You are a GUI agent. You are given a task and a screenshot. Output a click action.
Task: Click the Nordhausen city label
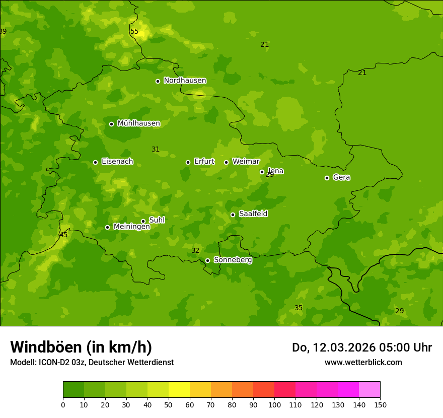185,81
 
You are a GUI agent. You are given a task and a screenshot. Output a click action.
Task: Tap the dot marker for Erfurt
188,162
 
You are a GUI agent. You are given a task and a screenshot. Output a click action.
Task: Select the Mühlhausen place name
138,123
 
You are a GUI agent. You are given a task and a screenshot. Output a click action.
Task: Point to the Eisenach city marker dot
95,162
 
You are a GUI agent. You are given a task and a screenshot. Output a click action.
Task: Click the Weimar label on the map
246,162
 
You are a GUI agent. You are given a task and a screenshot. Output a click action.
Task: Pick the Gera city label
341,177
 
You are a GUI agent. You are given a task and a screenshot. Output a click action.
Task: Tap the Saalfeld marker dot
233,215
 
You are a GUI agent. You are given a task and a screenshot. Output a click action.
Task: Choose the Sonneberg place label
233,260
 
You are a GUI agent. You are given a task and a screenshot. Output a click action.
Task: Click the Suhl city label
157,220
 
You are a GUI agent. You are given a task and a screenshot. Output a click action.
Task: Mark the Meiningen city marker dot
107,227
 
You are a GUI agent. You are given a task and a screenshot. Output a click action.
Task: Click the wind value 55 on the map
134,31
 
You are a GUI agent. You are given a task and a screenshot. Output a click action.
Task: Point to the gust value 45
63,235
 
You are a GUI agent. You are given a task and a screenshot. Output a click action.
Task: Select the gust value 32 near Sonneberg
195,250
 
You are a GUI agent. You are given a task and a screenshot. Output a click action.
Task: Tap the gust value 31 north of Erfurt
156,149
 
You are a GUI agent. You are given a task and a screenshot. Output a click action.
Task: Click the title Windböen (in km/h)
81,347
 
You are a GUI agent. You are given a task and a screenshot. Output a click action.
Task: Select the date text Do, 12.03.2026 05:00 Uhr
361,347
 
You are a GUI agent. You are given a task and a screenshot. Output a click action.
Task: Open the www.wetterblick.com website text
363,362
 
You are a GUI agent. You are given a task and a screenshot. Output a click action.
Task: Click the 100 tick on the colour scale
274,404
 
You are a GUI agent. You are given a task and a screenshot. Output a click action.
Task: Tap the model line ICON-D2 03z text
92,362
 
